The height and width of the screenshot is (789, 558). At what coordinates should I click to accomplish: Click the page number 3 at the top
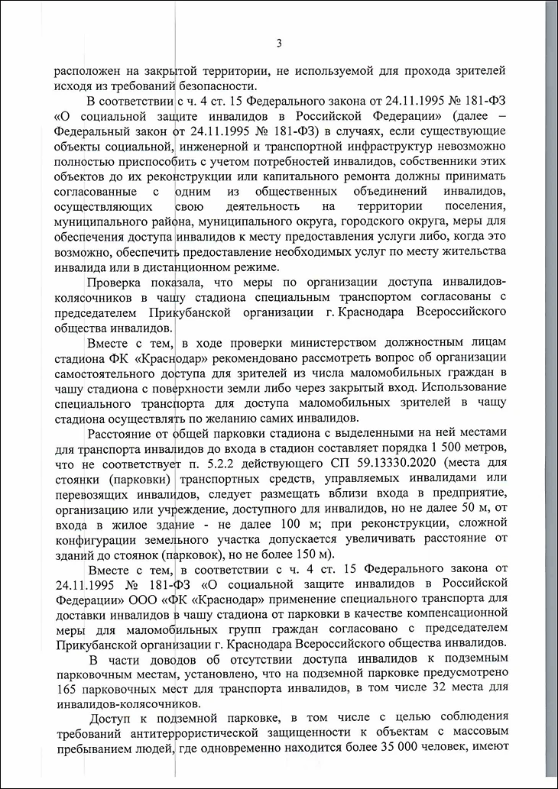279,42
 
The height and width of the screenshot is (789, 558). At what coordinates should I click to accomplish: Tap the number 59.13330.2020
424,465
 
